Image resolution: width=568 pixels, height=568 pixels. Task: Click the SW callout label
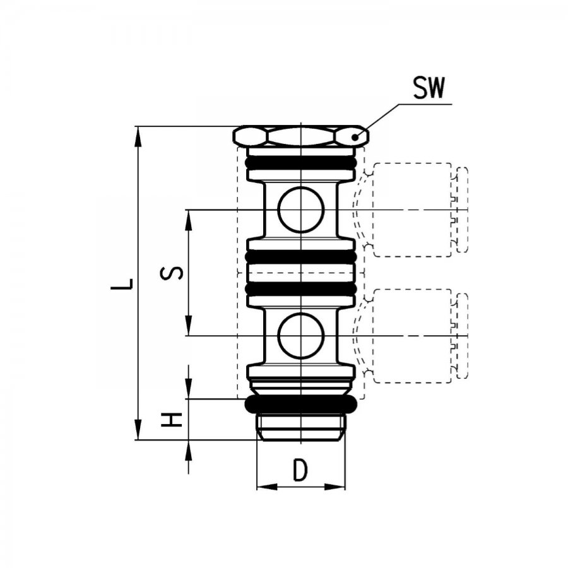point(429,88)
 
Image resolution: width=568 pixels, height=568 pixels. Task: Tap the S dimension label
point(172,273)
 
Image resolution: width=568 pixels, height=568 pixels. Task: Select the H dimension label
point(172,420)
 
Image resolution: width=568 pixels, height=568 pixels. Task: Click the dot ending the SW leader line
point(355,138)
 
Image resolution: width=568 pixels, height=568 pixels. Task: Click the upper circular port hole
point(300,210)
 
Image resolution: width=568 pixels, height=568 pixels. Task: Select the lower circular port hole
point(300,336)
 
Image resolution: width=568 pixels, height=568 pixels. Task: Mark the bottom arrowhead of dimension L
point(138,430)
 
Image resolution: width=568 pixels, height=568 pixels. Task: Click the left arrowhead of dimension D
point(267,487)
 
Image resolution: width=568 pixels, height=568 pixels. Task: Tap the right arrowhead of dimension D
point(334,487)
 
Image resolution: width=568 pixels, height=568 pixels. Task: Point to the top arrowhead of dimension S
point(188,220)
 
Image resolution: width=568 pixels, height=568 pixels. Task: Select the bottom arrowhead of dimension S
point(188,326)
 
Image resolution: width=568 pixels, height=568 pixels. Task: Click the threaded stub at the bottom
point(300,427)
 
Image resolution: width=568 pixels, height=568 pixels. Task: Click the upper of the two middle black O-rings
point(300,257)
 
